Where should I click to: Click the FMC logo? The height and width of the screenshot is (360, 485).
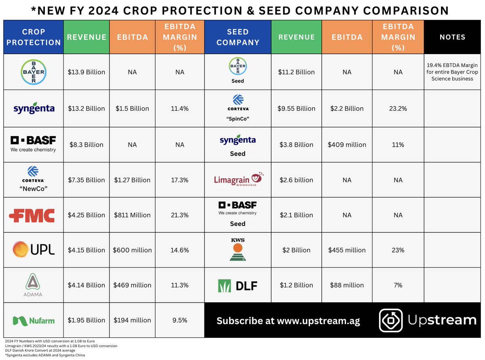(32, 215)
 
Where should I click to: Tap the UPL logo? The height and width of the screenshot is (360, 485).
(34, 250)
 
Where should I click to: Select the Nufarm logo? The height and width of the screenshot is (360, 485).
(34, 320)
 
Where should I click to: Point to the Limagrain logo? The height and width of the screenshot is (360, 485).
(238, 179)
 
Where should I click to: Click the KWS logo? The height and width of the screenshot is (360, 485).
(238, 250)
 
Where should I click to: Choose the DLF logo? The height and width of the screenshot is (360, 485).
(238, 285)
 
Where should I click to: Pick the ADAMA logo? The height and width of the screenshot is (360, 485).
(34, 284)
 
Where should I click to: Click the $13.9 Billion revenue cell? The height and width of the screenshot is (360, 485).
(86, 72)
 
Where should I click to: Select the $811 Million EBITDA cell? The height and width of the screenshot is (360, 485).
(133, 215)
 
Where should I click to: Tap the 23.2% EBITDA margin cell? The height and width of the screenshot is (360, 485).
(398, 108)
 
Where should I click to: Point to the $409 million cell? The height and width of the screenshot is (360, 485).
(347, 144)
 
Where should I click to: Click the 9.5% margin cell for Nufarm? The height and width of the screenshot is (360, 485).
(179, 320)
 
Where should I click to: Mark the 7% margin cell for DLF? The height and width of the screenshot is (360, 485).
(398, 285)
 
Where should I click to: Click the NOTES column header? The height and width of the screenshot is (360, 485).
(452, 37)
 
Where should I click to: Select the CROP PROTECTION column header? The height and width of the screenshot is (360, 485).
(34, 37)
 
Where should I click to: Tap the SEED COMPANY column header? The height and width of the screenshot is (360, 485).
(238, 37)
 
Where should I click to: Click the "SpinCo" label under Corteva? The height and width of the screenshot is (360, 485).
(238, 120)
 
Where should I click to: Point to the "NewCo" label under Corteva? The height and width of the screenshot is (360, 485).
(34, 191)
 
